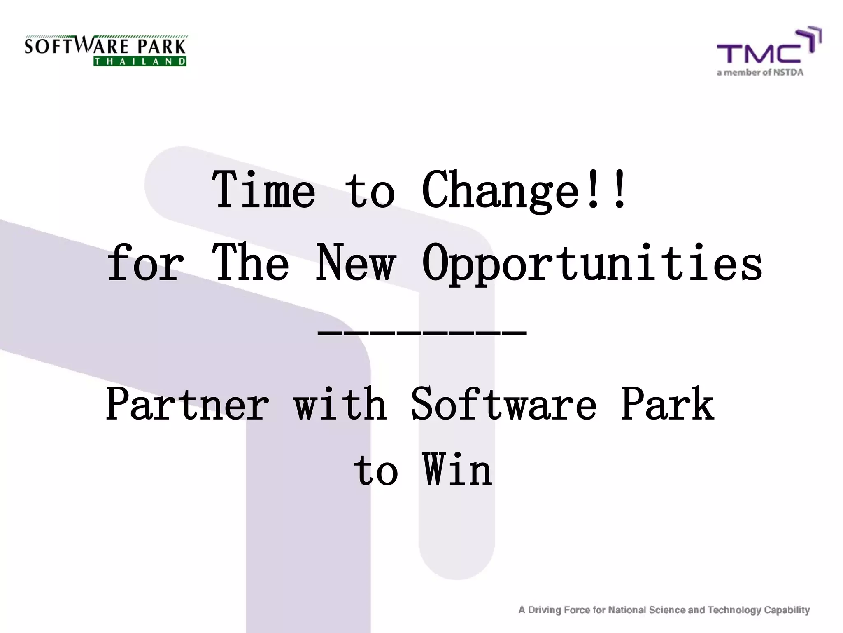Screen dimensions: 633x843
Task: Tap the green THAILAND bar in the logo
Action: click(x=140, y=61)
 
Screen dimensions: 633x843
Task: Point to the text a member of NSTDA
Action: click(x=760, y=73)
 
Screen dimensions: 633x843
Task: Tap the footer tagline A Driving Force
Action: click(x=664, y=610)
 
